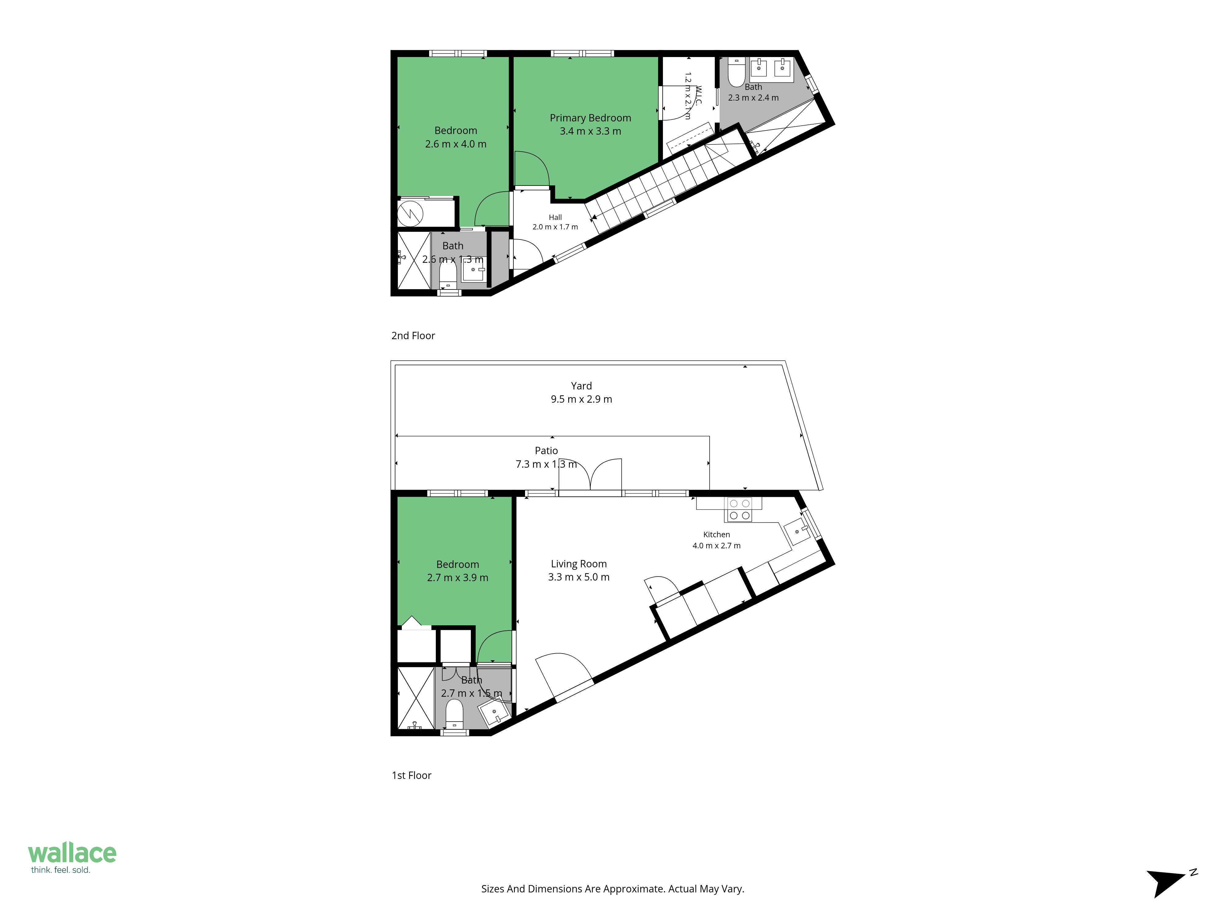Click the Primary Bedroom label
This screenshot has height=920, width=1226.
[590, 118]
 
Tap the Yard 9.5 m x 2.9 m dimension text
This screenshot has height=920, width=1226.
[581, 399]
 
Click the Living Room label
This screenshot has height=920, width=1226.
[579, 564]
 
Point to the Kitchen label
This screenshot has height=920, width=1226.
[717, 535]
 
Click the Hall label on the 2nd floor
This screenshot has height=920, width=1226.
[555, 217]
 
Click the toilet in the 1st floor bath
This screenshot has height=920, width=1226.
[455, 714]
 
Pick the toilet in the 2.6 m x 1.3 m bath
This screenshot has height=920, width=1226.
[448, 274]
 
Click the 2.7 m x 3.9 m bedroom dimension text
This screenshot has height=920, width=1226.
[458, 578]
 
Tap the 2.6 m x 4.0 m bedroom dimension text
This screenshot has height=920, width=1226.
[455, 144]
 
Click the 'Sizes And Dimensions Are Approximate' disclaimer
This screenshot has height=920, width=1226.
[612, 889]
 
